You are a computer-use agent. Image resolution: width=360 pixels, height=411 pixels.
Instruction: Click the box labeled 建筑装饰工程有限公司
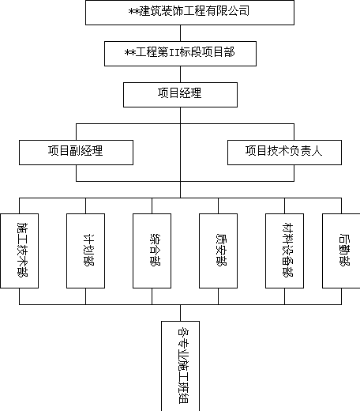(x=189, y=13)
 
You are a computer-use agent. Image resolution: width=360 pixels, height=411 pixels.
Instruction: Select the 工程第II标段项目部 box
(x=180, y=54)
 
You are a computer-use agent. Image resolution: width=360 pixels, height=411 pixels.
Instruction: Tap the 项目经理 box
(x=180, y=95)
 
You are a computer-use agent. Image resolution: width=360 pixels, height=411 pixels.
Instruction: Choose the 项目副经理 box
(x=76, y=153)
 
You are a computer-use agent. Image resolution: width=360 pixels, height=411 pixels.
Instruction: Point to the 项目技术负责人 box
(x=284, y=153)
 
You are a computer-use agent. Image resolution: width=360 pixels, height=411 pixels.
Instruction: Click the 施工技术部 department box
(x=20, y=251)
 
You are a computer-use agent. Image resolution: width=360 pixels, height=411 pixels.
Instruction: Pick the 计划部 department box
(x=85, y=251)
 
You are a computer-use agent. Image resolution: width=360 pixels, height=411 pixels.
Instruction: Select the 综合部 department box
(x=152, y=251)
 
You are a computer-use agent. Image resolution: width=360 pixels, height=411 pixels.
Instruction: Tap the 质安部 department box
(x=218, y=251)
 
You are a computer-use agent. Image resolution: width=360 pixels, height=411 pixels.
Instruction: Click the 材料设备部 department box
(x=284, y=251)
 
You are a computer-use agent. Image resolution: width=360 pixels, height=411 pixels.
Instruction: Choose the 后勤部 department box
(x=341, y=251)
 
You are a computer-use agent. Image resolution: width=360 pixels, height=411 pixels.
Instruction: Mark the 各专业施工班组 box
(x=180, y=366)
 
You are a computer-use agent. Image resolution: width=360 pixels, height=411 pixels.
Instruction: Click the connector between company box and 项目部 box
(x=180, y=33)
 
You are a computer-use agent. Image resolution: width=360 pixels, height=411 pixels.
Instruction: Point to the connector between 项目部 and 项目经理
(x=180, y=74)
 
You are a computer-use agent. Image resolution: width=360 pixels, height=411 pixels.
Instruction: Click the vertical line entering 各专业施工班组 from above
(x=180, y=313)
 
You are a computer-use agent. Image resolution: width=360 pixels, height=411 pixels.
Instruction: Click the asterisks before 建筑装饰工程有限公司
(x=134, y=11)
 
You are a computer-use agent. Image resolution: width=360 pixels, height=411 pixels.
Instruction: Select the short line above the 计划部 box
(x=85, y=205)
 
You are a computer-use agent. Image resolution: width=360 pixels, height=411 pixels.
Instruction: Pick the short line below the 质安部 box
(x=218, y=296)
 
